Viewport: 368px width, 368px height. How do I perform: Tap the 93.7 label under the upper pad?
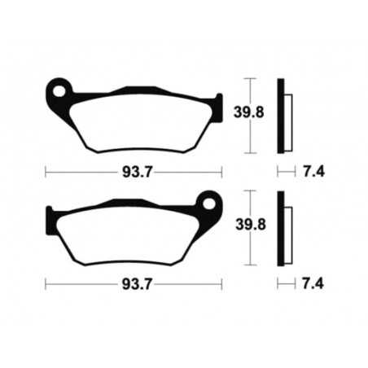pyautogui.click(x=134, y=171)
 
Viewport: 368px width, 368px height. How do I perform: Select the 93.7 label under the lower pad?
pyautogui.click(x=134, y=284)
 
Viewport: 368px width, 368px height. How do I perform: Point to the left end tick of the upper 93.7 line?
pyautogui.click(x=45, y=172)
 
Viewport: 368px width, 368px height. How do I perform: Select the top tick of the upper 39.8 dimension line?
pyautogui.click(x=251, y=78)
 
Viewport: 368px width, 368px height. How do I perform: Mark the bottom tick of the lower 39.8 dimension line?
pyautogui.click(x=251, y=265)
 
